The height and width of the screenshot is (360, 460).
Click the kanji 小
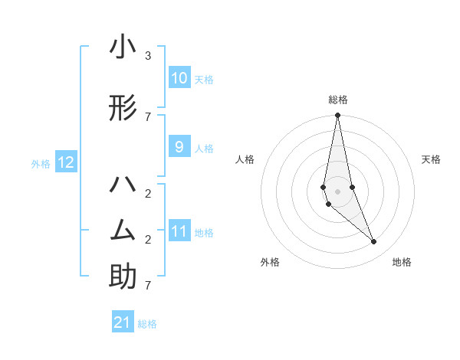click(123, 47)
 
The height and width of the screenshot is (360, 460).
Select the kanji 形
click(123, 110)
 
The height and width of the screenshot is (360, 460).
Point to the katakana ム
click(123, 230)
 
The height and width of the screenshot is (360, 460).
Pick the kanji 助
click(123, 277)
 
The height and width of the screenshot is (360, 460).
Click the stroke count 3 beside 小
click(148, 55)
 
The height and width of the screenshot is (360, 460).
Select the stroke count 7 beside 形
click(148, 116)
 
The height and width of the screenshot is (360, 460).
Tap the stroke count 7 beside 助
click(148, 285)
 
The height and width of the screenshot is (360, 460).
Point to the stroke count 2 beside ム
click(148, 239)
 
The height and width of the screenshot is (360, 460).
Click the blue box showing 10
click(179, 78)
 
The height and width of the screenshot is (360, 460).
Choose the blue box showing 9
click(179, 147)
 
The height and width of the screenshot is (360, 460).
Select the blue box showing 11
click(179, 231)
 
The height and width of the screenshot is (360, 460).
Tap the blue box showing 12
click(66, 162)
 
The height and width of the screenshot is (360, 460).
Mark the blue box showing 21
click(123, 322)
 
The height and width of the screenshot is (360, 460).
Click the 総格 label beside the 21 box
click(147, 324)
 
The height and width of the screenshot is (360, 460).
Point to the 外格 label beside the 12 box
click(41, 163)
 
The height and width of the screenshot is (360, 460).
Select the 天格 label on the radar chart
click(432, 159)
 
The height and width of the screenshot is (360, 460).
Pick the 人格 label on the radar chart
click(245, 159)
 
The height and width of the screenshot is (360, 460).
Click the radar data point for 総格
click(337, 116)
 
